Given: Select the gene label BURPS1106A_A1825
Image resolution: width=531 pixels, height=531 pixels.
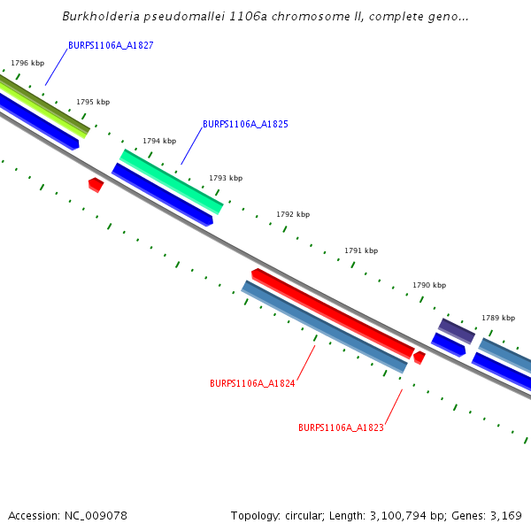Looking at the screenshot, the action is (x=245, y=125).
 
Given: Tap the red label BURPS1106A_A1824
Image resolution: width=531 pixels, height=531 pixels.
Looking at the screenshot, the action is (x=252, y=384).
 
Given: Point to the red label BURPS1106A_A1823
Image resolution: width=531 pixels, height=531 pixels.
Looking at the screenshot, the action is (x=341, y=427).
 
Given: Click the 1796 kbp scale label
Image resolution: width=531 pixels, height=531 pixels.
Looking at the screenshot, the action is (x=27, y=64).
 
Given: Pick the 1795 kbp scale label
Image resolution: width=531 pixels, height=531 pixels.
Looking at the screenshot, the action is (x=93, y=103).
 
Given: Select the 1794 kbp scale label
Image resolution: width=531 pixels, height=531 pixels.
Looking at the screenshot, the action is (x=159, y=141).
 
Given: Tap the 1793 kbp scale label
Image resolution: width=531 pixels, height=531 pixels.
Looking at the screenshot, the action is (x=226, y=179).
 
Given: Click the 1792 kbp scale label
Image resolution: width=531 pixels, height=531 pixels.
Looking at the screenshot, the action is (x=293, y=215).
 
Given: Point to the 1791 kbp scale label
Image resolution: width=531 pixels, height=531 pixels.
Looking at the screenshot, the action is (x=361, y=251).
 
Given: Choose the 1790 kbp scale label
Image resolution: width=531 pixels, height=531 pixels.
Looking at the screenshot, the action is (x=429, y=286).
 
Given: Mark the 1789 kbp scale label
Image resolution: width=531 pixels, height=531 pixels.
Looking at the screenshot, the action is (x=498, y=318).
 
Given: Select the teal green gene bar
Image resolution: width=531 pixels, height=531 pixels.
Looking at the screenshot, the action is (x=172, y=181).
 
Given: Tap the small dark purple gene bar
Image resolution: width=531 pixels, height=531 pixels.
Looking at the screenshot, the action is (x=457, y=330).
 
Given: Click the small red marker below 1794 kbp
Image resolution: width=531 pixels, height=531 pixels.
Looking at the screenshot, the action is (x=96, y=184).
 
